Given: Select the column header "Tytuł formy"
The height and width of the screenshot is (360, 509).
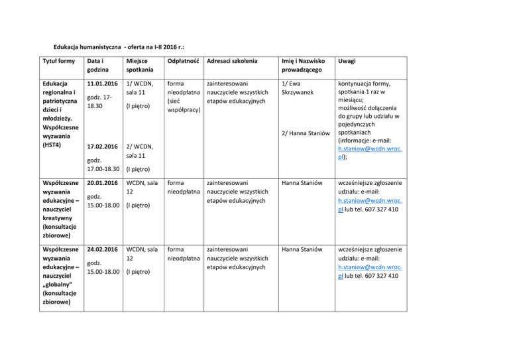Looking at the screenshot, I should pyautogui.click(x=56, y=62).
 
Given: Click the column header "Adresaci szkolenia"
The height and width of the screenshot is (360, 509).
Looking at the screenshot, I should pyautogui.click(x=232, y=62).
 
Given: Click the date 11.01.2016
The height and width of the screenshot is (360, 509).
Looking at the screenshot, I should pyautogui.click(x=103, y=85).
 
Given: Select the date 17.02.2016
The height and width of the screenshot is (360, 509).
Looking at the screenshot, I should pyautogui.click(x=103, y=147).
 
